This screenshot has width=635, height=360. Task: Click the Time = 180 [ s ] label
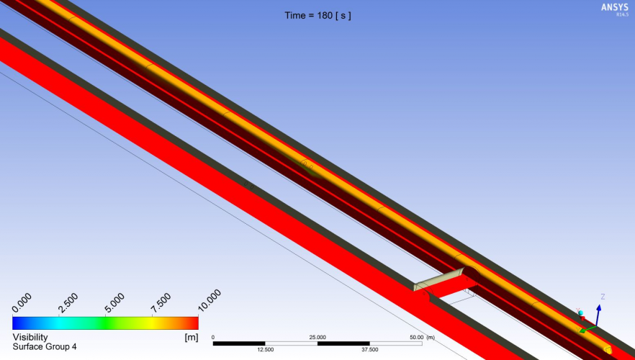tap(318, 16)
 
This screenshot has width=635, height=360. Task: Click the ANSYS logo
tap(615, 8)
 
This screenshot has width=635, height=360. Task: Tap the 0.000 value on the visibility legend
tap(22, 304)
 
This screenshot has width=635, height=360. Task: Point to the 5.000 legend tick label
tap(114, 303)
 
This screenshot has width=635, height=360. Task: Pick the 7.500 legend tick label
tap(161, 303)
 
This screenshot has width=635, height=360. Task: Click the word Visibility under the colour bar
tap(30, 337)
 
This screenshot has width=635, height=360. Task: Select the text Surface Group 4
tap(45, 346)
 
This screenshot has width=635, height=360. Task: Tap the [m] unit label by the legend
tap(192, 337)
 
